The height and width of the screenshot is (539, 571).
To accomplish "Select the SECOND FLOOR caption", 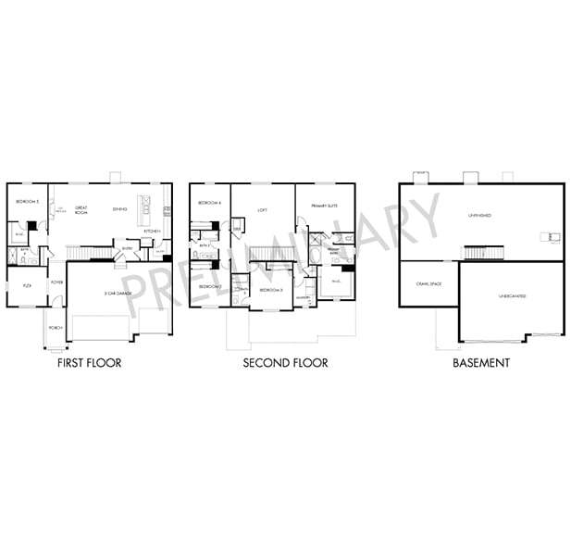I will pyautogui.click(x=285, y=363).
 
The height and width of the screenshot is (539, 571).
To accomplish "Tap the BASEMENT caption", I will pyautogui.click(x=480, y=363).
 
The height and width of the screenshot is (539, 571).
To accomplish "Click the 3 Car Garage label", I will pyautogui.click(x=118, y=294).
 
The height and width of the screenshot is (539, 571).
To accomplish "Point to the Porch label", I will pyautogui.click(x=56, y=325).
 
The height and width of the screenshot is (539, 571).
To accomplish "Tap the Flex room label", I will pyautogui.click(x=27, y=286).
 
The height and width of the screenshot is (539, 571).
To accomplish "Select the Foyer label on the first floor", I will pyautogui.click(x=57, y=282).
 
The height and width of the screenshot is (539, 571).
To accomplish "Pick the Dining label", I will pyautogui.click(x=119, y=208).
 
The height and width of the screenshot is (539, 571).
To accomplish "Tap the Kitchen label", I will pyautogui.click(x=153, y=231).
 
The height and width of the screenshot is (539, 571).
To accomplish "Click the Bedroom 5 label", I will pyautogui.click(x=27, y=201).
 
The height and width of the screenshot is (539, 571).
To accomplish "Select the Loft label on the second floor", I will pyautogui.click(x=262, y=209).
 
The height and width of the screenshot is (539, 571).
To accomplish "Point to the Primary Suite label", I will pyautogui.click(x=324, y=207).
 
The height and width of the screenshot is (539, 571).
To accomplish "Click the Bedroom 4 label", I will pyautogui.click(x=209, y=203).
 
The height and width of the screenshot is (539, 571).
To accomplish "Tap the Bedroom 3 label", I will pyautogui.click(x=269, y=290).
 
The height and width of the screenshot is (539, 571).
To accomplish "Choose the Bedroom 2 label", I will pyautogui.click(x=208, y=286).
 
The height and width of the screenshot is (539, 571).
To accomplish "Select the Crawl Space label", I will pyautogui.click(x=428, y=285).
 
